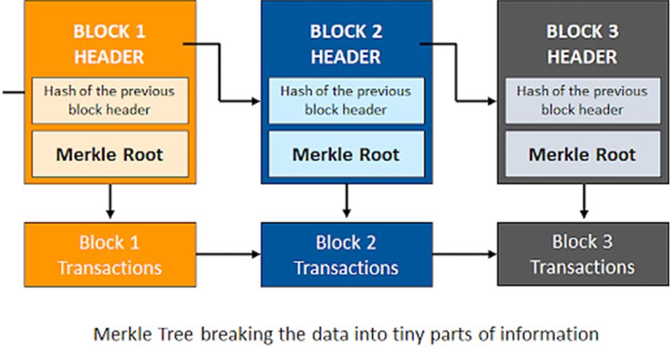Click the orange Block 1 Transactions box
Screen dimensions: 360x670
click(x=109, y=254)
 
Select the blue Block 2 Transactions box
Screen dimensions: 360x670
click(x=346, y=254)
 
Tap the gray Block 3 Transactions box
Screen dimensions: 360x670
click(x=582, y=254)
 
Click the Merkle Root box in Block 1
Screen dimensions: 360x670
click(x=110, y=154)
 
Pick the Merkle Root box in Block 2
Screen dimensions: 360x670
click(x=346, y=154)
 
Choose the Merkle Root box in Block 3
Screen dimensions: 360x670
click(x=582, y=154)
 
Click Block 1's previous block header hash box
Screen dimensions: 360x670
click(x=110, y=100)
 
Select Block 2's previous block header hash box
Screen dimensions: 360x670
click(x=346, y=100)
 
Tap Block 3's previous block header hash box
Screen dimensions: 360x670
click(x=582, y=100)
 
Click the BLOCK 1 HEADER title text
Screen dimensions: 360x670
click(x=109, y=43)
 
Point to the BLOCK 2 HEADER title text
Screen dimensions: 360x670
click(x=346, y=43)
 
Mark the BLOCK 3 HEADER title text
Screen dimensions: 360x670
click(x=582, y=43)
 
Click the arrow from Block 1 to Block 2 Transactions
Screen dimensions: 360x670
click(x=227, y=254)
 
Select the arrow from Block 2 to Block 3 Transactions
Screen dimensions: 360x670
click(x=464, y=254)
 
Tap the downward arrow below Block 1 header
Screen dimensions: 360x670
click(x=109, y=202)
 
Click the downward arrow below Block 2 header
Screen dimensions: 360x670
click(x=346, y=202)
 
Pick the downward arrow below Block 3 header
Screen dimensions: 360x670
click(x=582, y=202)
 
